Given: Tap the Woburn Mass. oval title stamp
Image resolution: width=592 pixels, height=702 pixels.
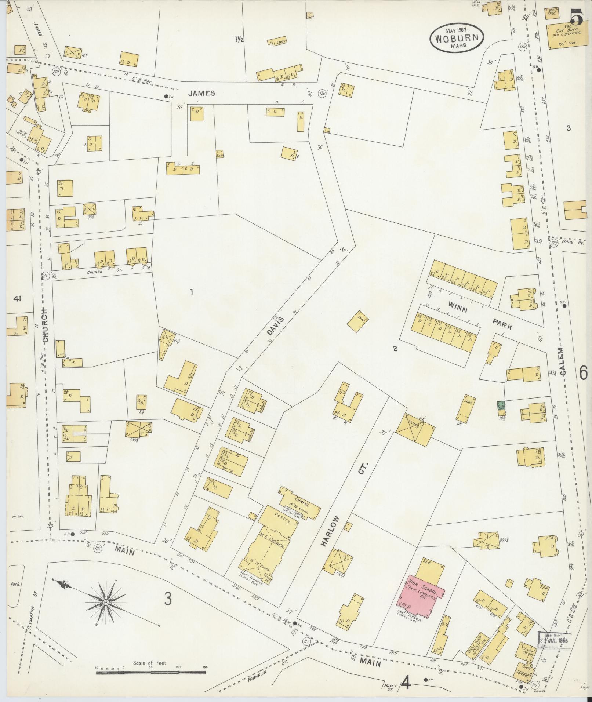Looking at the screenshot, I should pyautogui.click(x=457, y=38).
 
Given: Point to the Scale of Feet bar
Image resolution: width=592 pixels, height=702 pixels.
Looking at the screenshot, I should pyautogui.click(x=150, y=673).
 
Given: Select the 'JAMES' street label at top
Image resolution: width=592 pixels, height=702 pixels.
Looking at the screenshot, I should pyautogui.click(x=201, y=93).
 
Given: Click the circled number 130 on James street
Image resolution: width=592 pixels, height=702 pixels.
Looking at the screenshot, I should pyautogui.click(x=323, y=93).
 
